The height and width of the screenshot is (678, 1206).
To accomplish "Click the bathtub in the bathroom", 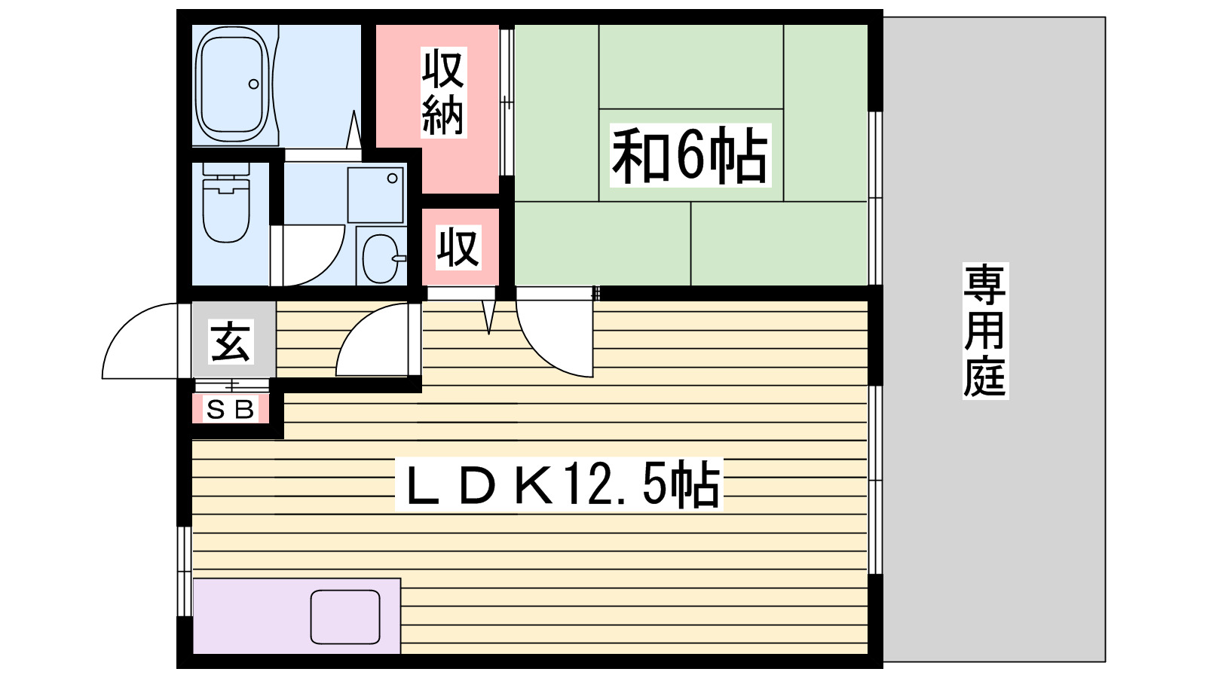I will (x=232, y=84).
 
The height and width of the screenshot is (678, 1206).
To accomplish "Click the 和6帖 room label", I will (x=690, y=156).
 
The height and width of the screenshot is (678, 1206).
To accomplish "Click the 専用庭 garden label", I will (x=984, y=330).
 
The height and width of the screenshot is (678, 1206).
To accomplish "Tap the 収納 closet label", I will (x=443, y=92).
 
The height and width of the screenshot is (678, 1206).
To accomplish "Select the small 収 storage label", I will (x=458, y=247).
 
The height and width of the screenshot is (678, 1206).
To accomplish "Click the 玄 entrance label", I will (x=231, y=341).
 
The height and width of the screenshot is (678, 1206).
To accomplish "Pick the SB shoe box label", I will (x=231, y=409).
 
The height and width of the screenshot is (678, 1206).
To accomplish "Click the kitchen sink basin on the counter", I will (x=345, y=617).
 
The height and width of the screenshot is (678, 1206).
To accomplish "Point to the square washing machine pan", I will (x=375, y=194).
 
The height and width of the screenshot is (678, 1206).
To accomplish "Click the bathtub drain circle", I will (x=254, y=84).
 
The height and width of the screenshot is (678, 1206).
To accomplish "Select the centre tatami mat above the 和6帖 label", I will (x=690, y=66).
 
